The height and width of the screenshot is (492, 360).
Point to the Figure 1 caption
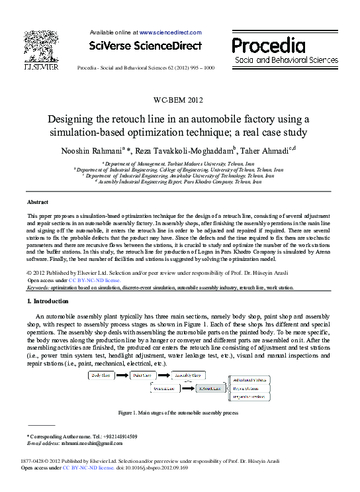177,413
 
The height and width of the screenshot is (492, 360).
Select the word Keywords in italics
37,288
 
